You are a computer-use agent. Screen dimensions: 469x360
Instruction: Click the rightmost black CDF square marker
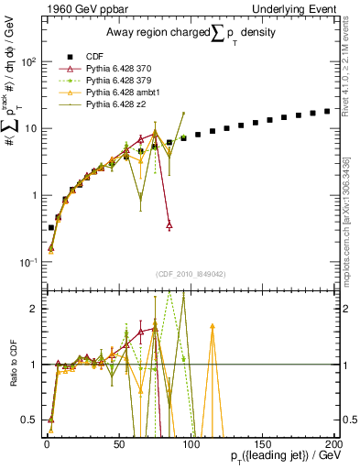pos(327,112)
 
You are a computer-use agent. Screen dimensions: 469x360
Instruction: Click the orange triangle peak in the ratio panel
pos(213,325)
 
